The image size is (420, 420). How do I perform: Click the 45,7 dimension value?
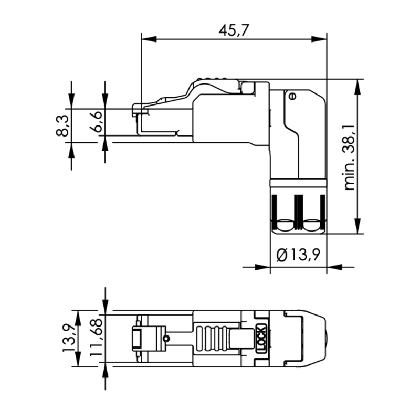click(x=234, y=30)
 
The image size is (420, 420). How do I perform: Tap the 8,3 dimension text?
click(x=62, y=125)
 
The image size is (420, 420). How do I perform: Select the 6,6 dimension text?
click(x=96, y=122)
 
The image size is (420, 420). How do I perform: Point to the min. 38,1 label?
click(x=349, y=157)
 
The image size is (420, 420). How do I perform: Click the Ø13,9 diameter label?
click(x=298, y=255)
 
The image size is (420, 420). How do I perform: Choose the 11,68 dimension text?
click(x=96, y=338)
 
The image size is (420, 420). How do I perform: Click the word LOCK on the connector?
click(x=261, y=339)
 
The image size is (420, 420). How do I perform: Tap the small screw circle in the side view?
click(x=292, y=96)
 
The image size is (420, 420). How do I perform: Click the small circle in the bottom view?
click(x=166, y=339)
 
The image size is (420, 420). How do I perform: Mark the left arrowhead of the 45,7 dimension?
click(x=149, y=39)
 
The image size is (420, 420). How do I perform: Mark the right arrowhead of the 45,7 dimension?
click(x=319, y=39)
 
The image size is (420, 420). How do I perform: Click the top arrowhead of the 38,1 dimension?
click(x=358, y=87)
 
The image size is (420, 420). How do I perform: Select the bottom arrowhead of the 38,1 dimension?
click(x=358, y=226)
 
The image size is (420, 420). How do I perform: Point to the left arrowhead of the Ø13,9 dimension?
click(x=262, y=267)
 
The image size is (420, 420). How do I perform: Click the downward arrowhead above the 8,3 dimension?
click(x=71, y=101)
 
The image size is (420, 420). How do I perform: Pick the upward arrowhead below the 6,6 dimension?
click(x=106, y=143)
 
